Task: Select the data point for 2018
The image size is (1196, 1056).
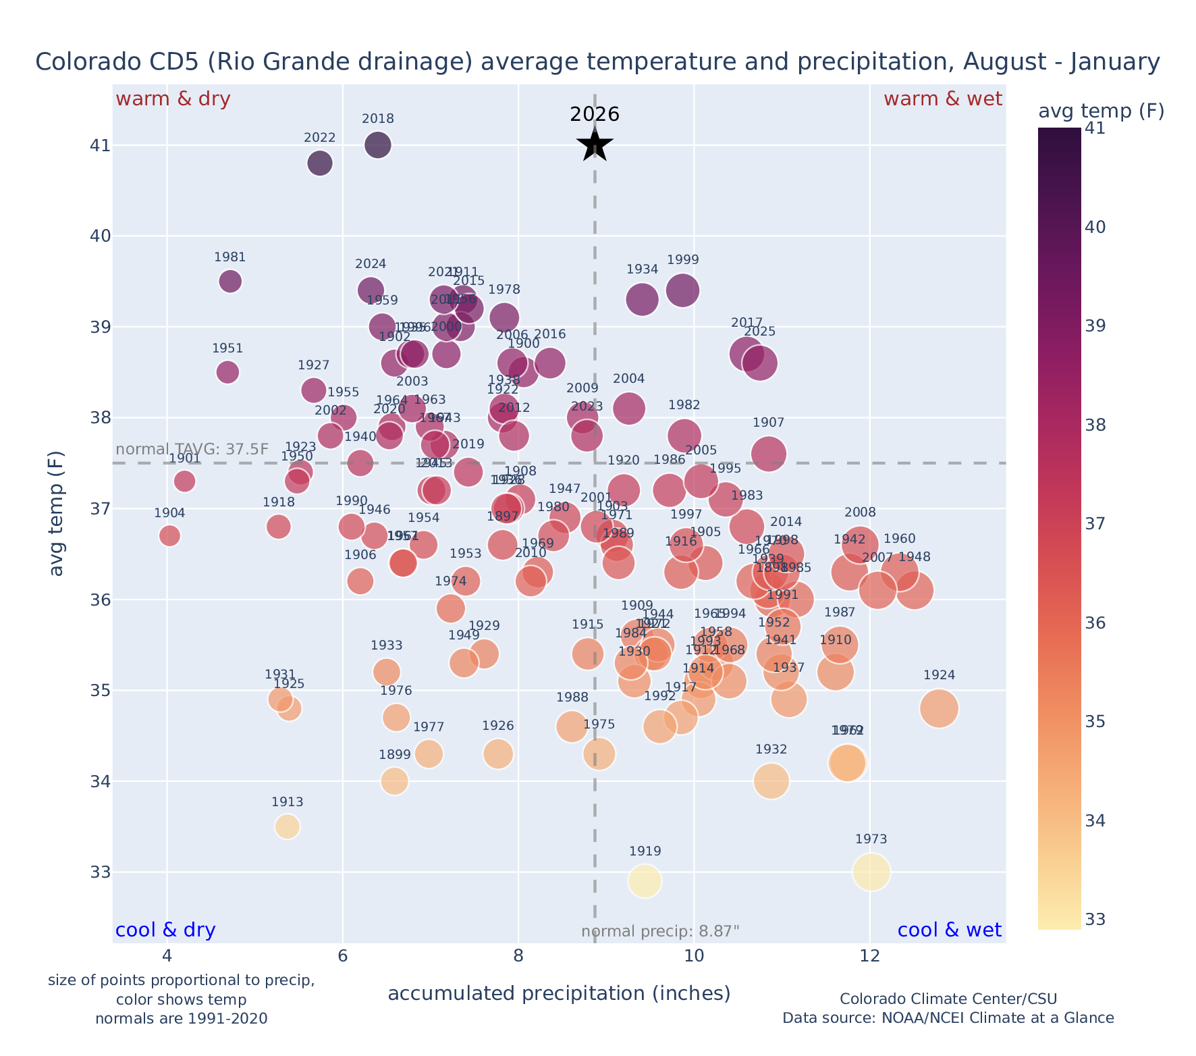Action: (378, 145)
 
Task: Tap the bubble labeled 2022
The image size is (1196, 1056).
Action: (320, 163)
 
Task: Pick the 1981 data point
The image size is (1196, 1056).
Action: (230, 281)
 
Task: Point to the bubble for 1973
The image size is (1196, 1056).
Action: (871, 872)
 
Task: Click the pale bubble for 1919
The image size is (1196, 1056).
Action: (645, 881)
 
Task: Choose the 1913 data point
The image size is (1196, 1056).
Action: (288, 826)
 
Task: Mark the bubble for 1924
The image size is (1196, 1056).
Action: (939, 708)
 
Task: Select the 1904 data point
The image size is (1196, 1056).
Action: (169, 535)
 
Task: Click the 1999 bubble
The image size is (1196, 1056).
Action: (682, 290)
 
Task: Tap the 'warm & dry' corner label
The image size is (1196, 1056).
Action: (173, 99)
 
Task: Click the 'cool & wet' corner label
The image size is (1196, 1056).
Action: (950, 930)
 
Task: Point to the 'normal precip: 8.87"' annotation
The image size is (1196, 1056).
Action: (660, 932)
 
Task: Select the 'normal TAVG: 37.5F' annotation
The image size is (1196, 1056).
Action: (192, 450)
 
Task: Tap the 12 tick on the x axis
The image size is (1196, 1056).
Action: (870, 956)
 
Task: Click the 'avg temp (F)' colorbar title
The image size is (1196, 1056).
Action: (1100, 111)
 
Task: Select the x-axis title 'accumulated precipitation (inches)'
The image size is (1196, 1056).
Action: (559, 993)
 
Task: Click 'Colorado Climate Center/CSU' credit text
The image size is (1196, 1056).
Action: (948, 999)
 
